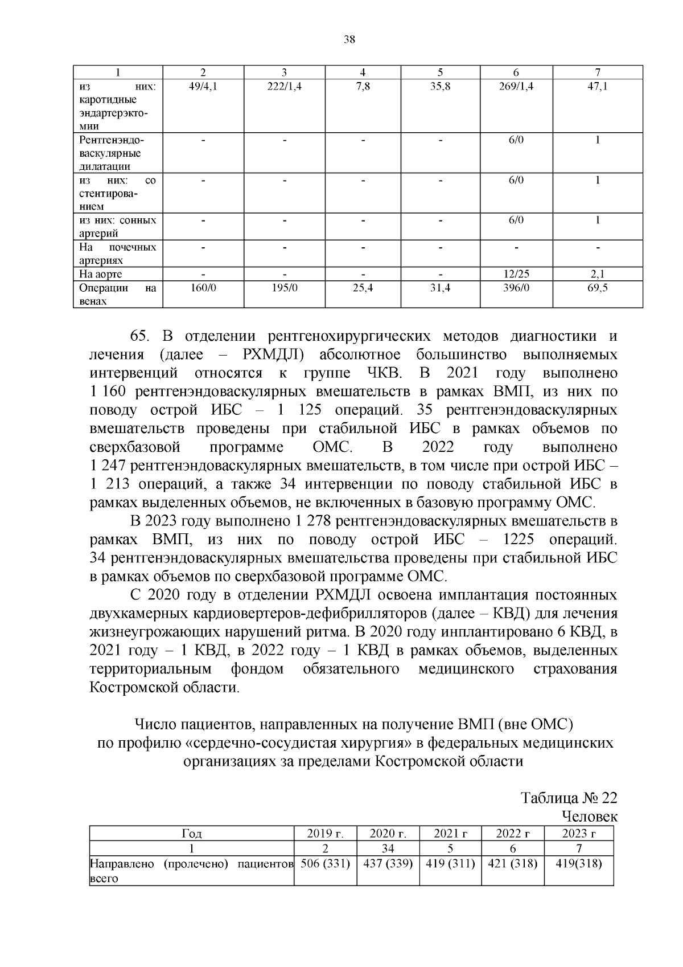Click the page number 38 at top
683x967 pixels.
point(349,39)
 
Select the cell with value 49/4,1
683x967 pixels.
point(203,87)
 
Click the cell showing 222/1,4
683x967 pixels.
point(284,87)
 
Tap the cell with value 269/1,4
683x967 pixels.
point(516,87)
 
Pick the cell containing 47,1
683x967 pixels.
point(598,87)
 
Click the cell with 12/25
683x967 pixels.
point(516,274)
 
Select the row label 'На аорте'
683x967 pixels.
point(101,274)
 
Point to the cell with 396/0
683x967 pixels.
point(516,288)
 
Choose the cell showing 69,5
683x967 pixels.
point(598,288)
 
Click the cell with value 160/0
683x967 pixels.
point(203,288)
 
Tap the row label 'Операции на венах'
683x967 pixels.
point(117,294)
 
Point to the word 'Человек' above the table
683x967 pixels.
point(589,816)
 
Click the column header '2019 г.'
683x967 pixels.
point(325,834)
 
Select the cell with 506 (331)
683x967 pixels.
point(325,863)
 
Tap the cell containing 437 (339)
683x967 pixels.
point(388,863)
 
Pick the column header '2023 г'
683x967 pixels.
point(579,834)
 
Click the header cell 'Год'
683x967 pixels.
point(191,834)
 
